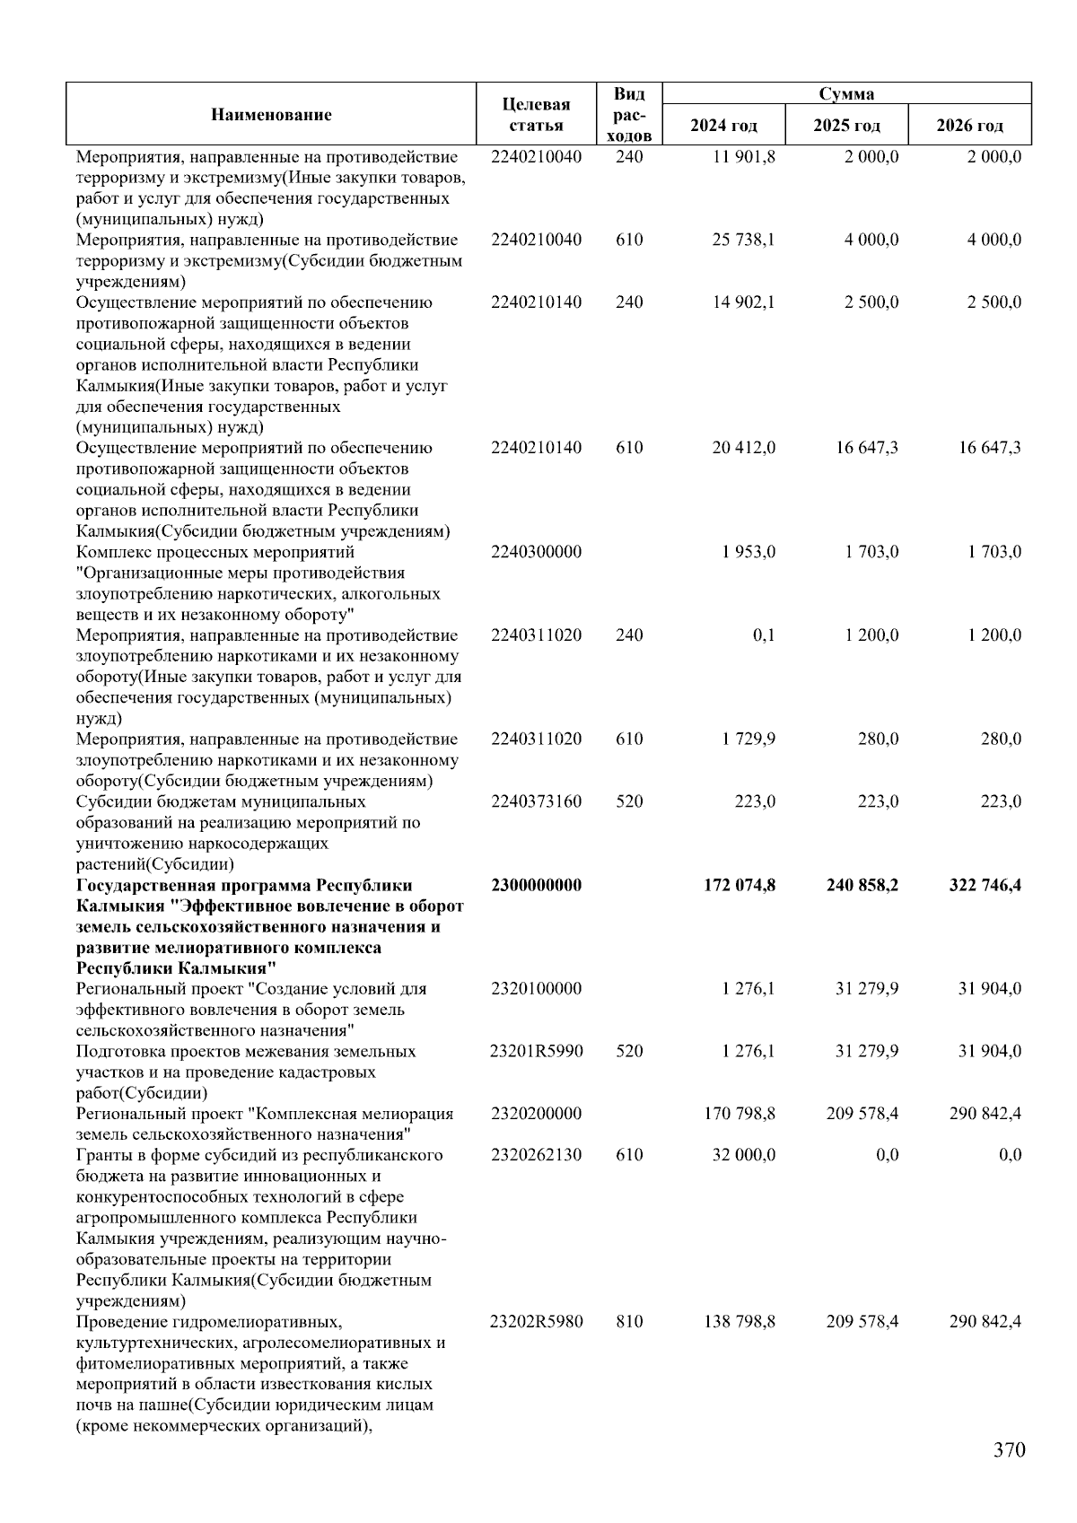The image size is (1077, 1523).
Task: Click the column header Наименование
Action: click(x=271, y=115)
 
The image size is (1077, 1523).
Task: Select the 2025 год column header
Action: click(x=846, y=125)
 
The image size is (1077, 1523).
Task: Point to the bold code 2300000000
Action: click(x=536, y=886)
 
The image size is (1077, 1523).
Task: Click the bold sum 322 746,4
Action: click(x=985, y=886)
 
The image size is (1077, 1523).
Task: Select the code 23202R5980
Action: click(x=536, y=1322)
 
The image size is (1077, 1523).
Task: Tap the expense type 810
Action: click(x=629, y=1322)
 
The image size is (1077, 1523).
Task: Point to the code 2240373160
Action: click(x=536, y=801)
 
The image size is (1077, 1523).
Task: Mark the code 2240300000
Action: click(x=536, y=552)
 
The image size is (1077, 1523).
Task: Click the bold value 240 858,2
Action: click(x=862, y=886)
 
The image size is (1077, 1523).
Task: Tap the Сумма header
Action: click(x=846, y=94)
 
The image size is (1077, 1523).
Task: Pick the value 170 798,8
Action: click(x=740, y=1114)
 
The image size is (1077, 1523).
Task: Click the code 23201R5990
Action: click(x=536, y=1051)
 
